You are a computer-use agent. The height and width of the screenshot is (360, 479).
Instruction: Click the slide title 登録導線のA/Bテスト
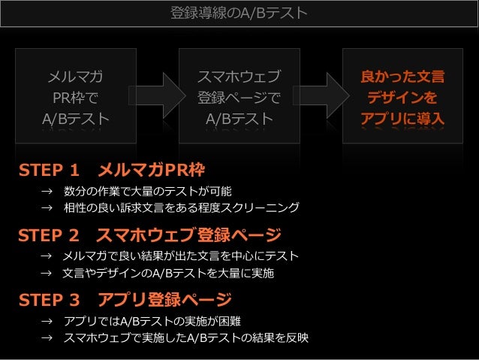[x=239, y=14]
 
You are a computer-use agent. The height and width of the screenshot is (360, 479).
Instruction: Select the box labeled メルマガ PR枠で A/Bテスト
[x=75, y=96]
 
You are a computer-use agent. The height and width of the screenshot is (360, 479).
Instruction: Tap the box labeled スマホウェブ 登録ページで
[x=239, y=96]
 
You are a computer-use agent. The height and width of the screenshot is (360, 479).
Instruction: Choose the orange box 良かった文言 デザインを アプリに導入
[x=402, y=96]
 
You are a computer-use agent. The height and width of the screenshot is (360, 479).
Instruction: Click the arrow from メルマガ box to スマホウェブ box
[x=157, y=95]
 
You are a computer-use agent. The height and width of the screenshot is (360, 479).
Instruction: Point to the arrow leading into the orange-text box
[x=321, y=95]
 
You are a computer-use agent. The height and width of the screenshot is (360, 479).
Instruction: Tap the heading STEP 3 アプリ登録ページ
[x=125, y=301]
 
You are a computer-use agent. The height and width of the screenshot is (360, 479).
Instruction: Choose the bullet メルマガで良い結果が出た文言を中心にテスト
[x=181, y=256]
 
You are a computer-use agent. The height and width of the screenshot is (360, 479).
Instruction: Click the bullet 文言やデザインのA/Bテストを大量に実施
[x=169, y=274]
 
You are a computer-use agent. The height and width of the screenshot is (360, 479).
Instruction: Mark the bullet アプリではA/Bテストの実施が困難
[x=162, y=322]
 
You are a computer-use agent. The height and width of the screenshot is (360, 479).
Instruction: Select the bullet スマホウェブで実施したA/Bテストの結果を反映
[x=186, y=338]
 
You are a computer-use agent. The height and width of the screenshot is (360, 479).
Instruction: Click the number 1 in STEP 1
[x=74, y=168]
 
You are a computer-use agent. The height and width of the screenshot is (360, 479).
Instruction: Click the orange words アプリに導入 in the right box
[x=402, y=119]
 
